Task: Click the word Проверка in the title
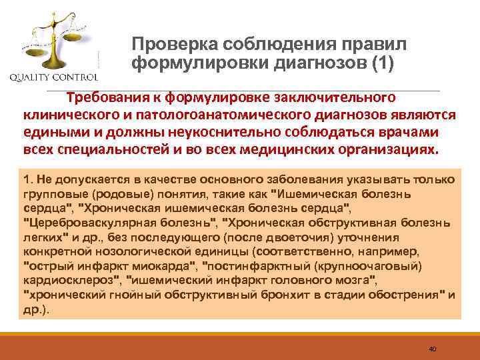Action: [x=170, y=44]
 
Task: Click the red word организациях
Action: [x=387, y=148]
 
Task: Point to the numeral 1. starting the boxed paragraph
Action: [x=27, y=181]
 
